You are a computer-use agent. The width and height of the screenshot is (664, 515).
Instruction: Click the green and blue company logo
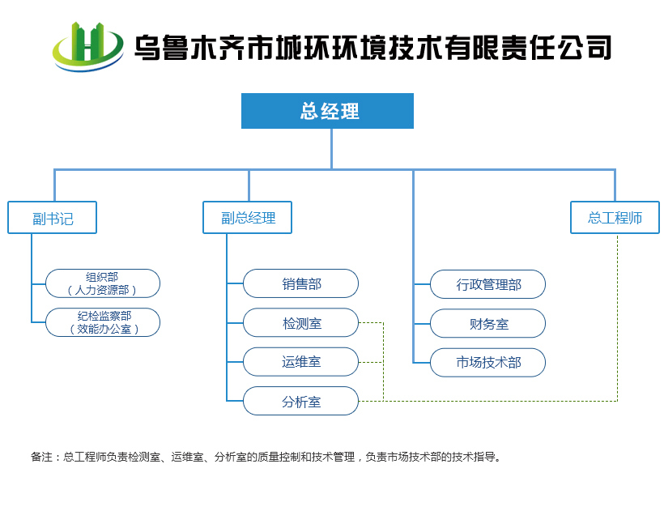click(88, 47)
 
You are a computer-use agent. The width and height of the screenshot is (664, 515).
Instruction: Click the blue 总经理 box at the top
click(327, 111)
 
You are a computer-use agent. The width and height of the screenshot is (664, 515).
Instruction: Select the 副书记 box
click(52, 218)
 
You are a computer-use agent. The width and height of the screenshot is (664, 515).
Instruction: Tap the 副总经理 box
click(247, 218)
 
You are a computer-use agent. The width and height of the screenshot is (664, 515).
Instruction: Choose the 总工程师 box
click(615, 218)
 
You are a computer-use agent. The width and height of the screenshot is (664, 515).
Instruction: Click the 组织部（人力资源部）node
click(103, 283)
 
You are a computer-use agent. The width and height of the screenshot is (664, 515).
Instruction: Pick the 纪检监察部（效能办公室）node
click(103, 322)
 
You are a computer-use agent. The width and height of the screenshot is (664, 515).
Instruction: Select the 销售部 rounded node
click(300, 283)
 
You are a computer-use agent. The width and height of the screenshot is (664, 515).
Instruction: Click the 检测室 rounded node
click(300, 323)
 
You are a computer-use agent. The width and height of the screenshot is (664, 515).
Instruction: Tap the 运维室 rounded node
click(300, 362)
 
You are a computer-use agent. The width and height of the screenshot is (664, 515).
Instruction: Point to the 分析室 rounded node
click(300, 401)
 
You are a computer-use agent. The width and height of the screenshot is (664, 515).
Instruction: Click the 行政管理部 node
click(487, 284)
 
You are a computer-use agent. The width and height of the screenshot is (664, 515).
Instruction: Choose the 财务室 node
click(487, 324)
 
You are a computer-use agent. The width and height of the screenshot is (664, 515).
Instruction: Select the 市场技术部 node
click(487, 363)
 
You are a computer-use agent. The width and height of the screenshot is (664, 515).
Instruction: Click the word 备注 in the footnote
click(41, 457)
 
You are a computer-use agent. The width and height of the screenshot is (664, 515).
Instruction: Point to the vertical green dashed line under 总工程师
click(617, 317)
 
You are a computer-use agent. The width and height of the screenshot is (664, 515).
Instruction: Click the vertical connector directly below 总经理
click(331, 149)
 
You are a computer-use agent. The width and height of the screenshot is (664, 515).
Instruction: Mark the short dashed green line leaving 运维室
click(371, 362)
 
